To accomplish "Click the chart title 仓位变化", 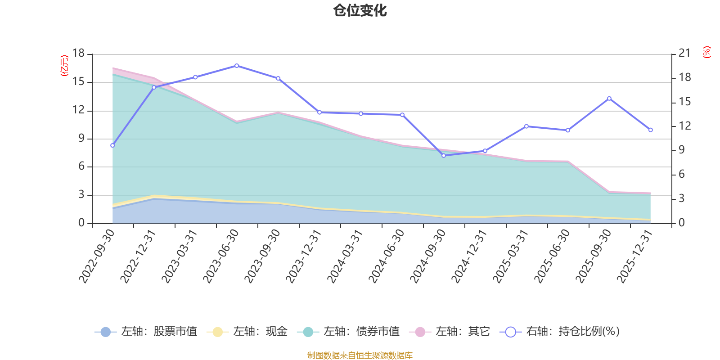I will click(x=360, y=10).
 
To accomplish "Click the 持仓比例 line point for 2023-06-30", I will click(x=237, y=66).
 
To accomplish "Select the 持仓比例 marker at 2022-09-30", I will click(x=112, y=145).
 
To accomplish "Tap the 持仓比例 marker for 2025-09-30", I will click(x=609, y=98).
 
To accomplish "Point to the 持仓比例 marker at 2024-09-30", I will click(x=444, y=156).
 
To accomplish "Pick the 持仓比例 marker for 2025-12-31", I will click(x=651, y=130).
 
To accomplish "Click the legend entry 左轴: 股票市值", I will click(x=146, y=332).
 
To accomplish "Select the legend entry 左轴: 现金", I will click(x=247, y=332).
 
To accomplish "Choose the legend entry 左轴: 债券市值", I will click(x=348, y=332).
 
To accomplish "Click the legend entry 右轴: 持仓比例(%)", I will click(x=560, y=332).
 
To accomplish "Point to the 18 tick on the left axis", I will click(x=78, y=53).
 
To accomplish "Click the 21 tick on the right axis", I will click(x=684, y=53).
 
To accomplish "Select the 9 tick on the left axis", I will click(x=81, y=138).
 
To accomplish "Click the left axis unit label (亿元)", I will click(x=64, y=66).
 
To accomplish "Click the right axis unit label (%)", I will click(x=707, y=52).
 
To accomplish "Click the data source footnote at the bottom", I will click(x=360, y=355).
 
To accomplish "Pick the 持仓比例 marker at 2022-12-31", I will click(x=154, y=87).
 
